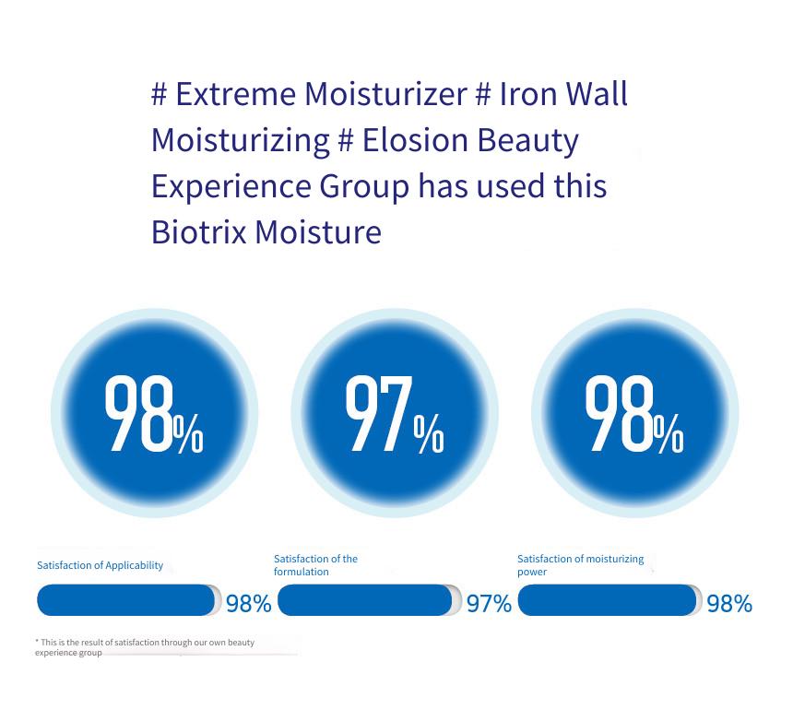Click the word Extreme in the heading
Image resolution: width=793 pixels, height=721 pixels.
pyautogui.click(x=235, y=94)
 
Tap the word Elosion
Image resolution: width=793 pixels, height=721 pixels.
pyautogui.click(x=415, y=140)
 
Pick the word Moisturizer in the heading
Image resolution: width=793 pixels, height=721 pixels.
pyautogui.click(x=385, y=94)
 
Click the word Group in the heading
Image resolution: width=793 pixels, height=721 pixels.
pyautogui.click(x=364, y=187)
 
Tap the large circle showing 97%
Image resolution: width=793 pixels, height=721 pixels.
pyautogui.click(x=395, y=413)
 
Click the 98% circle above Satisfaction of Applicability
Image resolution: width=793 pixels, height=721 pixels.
pyautogui.click(x=154, y=413)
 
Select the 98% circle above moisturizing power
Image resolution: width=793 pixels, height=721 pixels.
pyautogui.click(x=635, y=413)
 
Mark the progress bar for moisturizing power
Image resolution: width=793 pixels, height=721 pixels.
pyautogui.click(x=610, y=600)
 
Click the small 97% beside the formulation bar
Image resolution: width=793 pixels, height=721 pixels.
pyautogui.click(x=489, y=604)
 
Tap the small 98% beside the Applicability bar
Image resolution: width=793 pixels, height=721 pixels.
pyautogui.click(x=249, y=604)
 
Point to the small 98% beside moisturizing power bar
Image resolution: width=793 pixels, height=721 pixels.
pyautogui.click(x=729, y=604)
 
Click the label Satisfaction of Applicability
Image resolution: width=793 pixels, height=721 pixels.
pyautogui.click(x=101, y=565)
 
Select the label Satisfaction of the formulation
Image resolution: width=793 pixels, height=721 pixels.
pyautogui.click(x=315, y=565)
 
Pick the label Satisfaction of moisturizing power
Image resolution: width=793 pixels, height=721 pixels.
pyautogui.click(x=581, y=565)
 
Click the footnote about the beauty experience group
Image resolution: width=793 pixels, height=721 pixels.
pyautogui.click(x=145, y=647)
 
